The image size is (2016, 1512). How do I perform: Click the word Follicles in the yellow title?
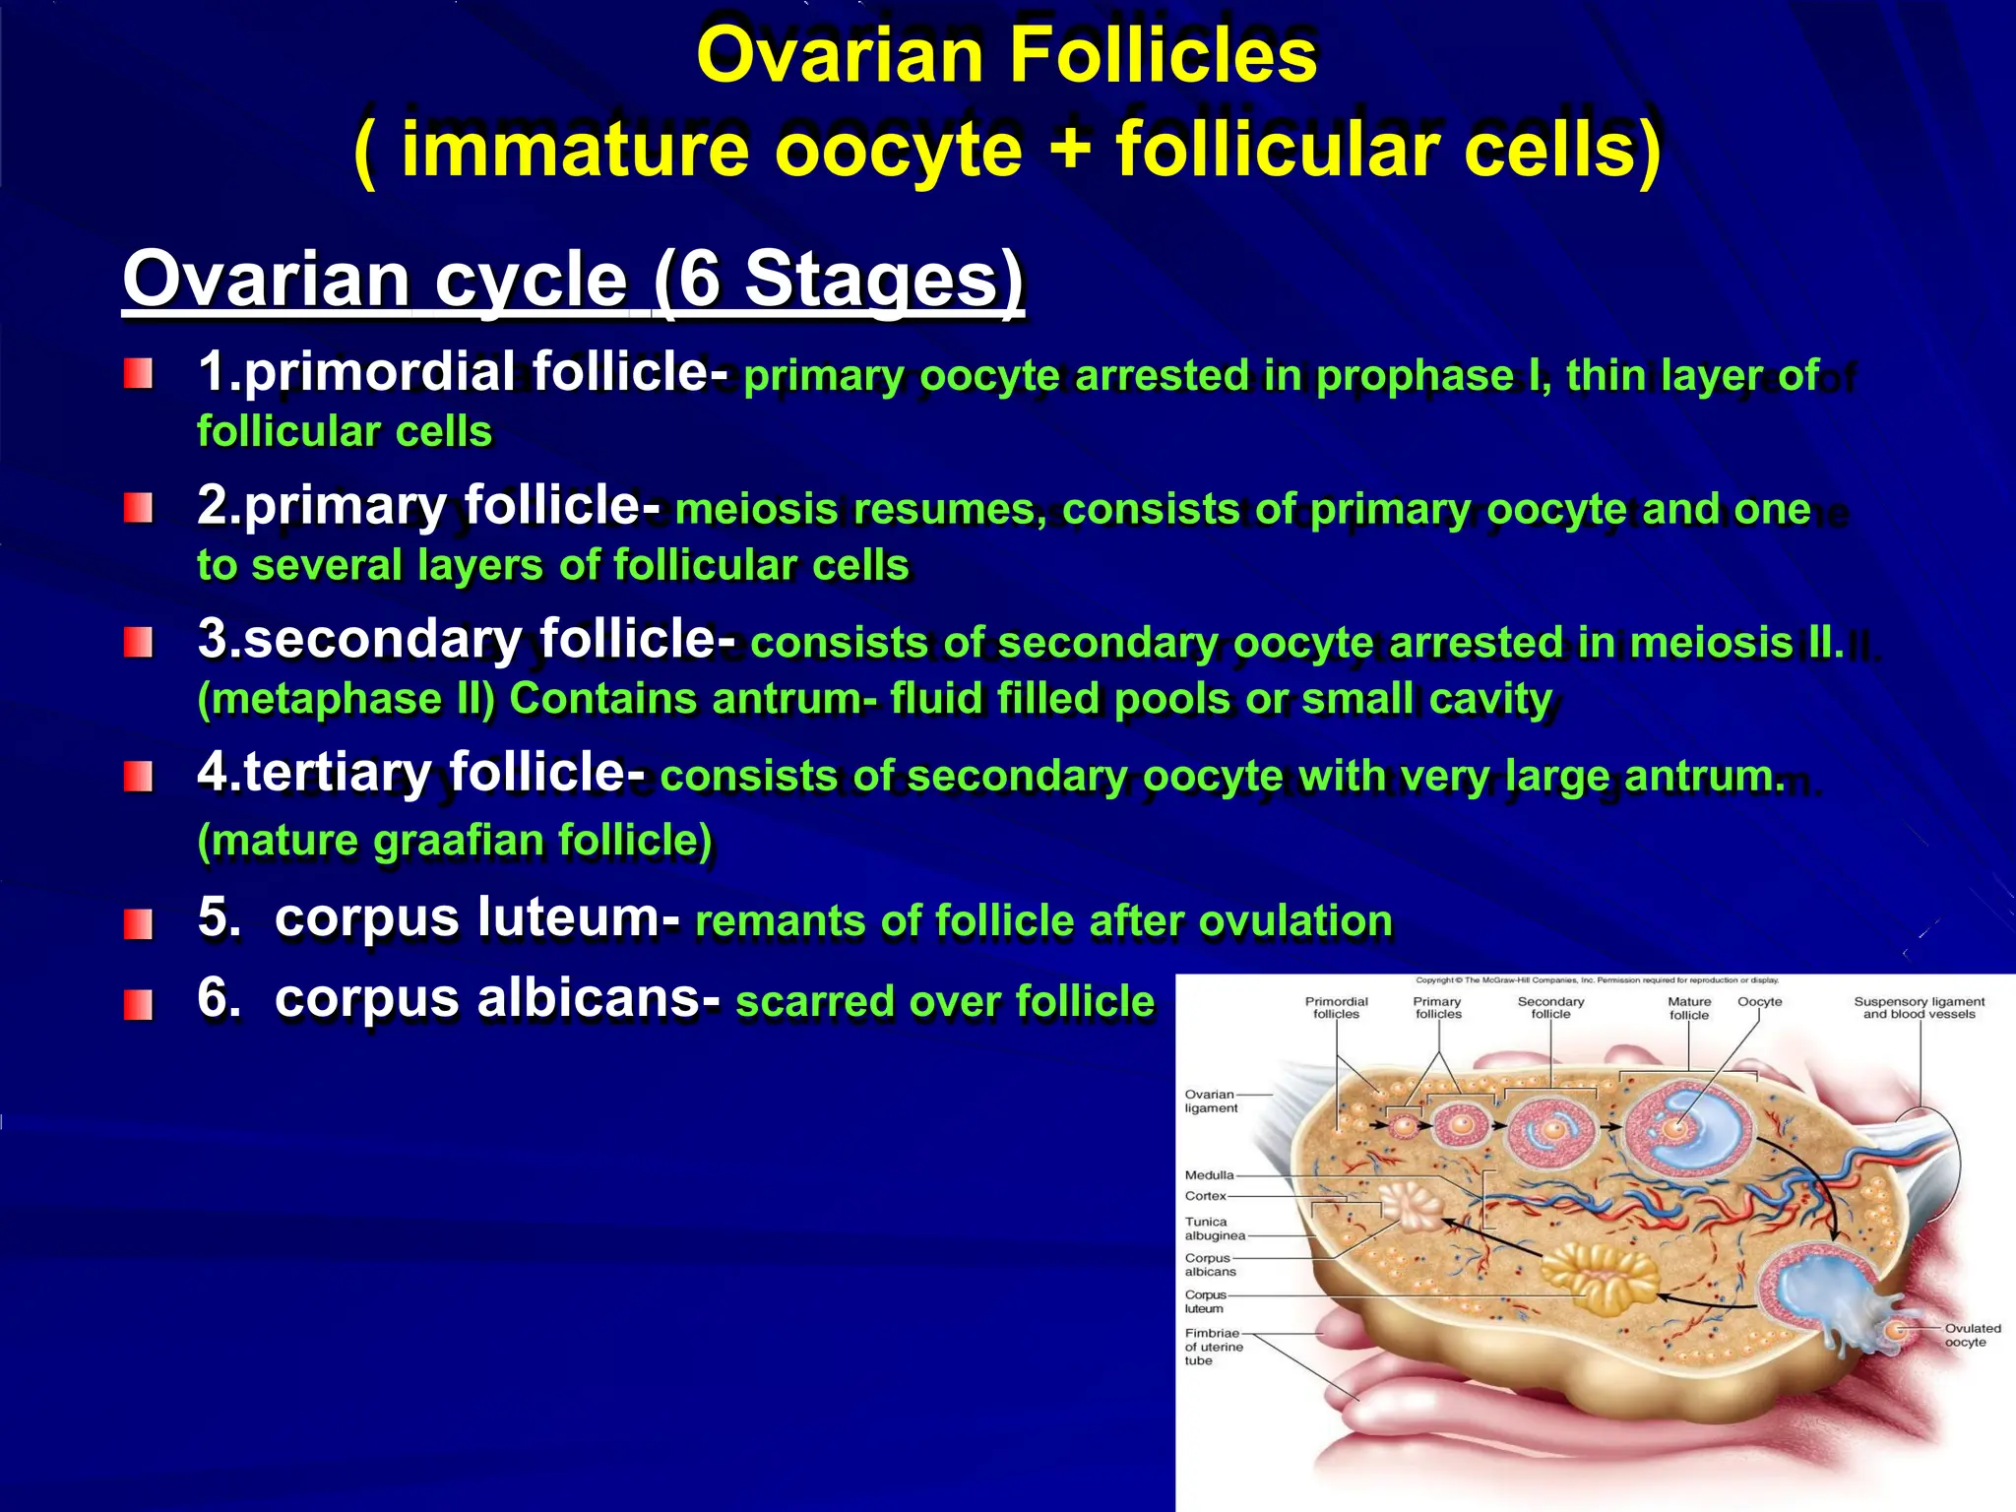pos(1164,55)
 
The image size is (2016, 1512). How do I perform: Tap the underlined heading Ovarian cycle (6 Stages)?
pos(573,280)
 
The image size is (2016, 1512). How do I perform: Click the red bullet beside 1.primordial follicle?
pos(138,374)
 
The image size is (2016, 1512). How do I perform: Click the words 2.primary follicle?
pos(427,506)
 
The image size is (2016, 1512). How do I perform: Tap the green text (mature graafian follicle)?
pos(455,841)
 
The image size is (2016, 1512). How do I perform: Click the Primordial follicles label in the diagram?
pos(1336,1007)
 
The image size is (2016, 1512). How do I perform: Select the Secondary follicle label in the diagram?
pos(1550,1007)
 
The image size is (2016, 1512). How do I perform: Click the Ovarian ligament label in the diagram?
pos(1210,1101)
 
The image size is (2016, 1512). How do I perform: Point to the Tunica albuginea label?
pos(1213,1228)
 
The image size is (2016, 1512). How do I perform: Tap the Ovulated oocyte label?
pos(1972,1335)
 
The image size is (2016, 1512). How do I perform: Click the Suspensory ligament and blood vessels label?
pos(1919,1007)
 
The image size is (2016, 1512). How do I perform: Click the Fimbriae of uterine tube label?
pos(1214,1347)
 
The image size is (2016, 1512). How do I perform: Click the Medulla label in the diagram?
pos(1209,1174)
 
